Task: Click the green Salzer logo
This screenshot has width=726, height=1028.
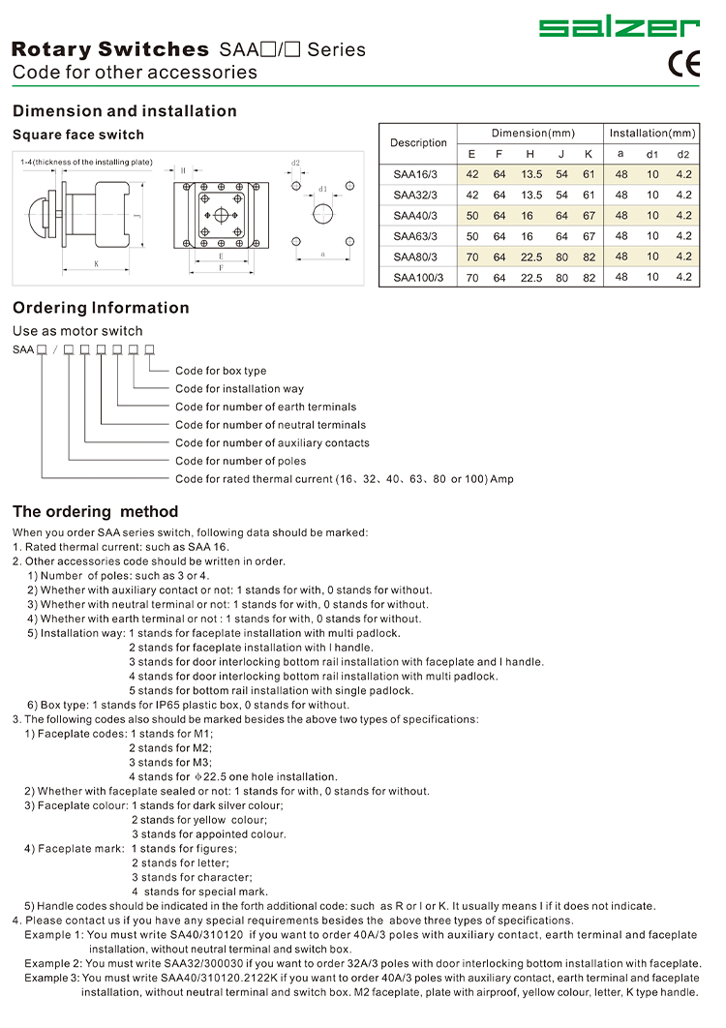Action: click(x=620, y=27)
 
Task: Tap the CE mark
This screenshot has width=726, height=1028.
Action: click(x=684, y=64)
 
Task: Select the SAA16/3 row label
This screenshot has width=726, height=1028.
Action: click(x=415, y=174)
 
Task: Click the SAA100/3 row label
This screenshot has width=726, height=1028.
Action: click(x=418, y=278)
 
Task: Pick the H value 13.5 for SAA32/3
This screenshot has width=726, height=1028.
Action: click(x=531, y=196)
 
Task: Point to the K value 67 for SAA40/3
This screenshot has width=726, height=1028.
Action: click(x=589, y=216)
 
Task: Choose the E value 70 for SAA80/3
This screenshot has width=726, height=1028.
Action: click(x=472, y=257)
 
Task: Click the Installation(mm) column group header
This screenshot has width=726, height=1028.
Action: click(x=651, y=133)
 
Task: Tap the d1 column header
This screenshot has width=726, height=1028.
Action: click(x=651, y=155)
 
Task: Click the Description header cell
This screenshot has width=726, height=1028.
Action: click(x=418, y=143)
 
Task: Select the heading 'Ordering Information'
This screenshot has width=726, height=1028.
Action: click(x=101, y=308)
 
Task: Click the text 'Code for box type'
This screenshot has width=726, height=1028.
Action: click(x=221, y=371)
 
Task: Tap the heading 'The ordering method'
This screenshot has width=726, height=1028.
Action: click(x=95, y=511)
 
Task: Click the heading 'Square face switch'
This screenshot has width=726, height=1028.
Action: click(x=78, y=135)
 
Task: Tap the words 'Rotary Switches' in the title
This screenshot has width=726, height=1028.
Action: click(x=110, y=49)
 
